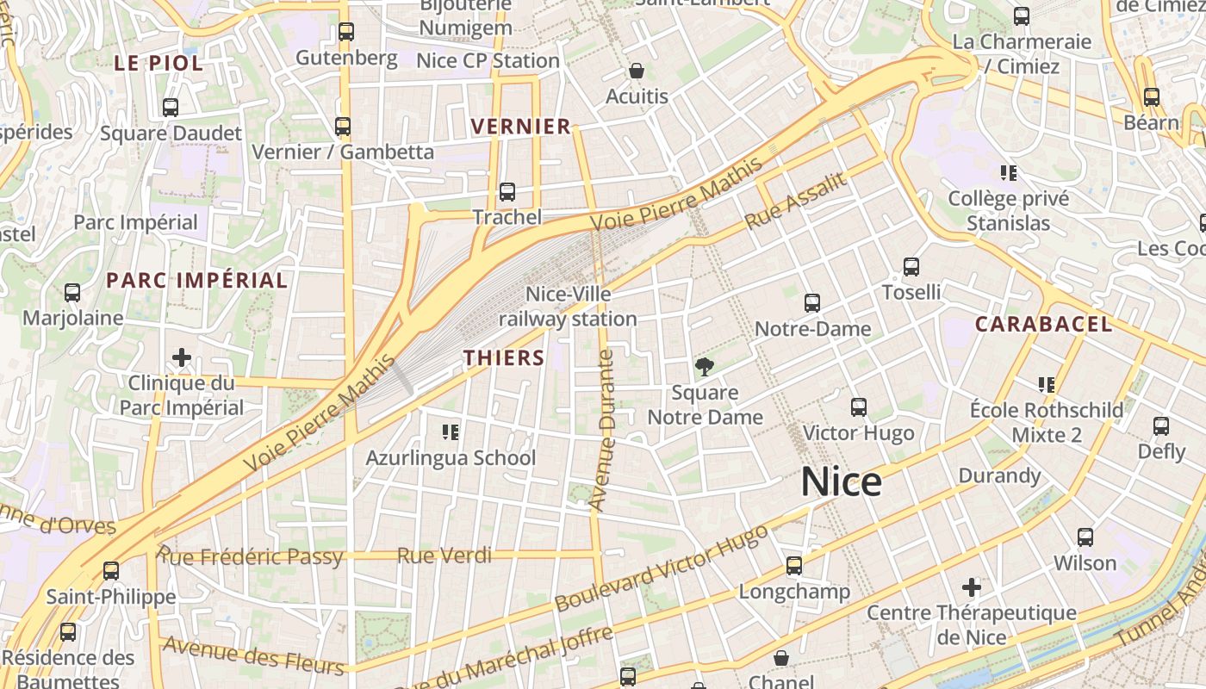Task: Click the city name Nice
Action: tap(841, 482)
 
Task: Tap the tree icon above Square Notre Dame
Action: tap(705, 368)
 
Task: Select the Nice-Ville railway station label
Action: tap(568, 307)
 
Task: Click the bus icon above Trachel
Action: tap(507, 192)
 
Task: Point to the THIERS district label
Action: tap(504, 358)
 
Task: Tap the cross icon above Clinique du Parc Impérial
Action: tap(182, 357)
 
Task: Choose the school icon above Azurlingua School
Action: tap(450, 431)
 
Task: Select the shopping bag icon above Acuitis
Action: tap(637, 71)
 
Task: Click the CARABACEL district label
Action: tap(1043, 325)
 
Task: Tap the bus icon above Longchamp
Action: tap(793, 566)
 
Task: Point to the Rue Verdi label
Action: tap(444, 556)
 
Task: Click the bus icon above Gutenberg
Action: tap(346, 32)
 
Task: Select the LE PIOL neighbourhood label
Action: tap(159, 63)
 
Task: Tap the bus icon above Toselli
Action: tap(911, 267)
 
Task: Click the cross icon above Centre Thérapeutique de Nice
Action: tap(972, 587)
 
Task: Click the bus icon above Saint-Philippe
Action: tap(110, 570)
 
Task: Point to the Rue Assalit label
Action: tap(796, 201)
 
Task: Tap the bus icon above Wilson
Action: tap(1085, 537)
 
